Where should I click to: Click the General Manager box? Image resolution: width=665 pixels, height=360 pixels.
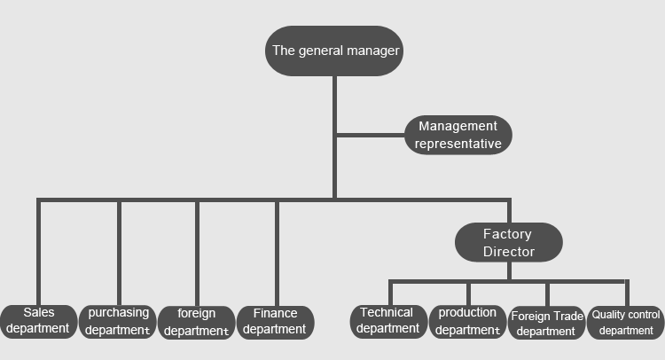pos(334,51)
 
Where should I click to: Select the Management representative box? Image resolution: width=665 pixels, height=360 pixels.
pos(458,135)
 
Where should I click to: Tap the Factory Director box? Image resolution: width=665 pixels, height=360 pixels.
pos(508,243)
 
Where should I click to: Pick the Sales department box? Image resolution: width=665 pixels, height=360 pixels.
pos(38,321)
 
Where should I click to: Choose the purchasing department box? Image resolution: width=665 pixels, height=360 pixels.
pos(118,322)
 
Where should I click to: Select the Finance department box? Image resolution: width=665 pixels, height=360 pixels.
pos(275,322)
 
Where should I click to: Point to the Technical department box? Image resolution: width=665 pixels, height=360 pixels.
pos(387,321)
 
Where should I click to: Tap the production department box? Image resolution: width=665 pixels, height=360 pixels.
pos(467,322)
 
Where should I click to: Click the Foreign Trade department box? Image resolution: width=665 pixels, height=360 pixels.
pos(546,323)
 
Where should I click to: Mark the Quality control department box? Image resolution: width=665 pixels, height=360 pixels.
pos(626,323)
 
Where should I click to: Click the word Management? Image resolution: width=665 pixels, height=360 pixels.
pos(458,127)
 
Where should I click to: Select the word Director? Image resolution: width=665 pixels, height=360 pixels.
pos(509,252)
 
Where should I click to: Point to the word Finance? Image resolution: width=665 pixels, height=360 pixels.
pos(275,313)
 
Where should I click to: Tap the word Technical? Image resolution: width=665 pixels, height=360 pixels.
pos(387,312)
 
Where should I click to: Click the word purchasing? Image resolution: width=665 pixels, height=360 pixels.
pos(119,313)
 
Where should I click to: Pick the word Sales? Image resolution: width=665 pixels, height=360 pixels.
pos(39,312)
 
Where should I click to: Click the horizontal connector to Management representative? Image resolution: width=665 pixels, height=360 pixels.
pos(371,135)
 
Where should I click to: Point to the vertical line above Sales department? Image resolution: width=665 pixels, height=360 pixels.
pos(39,253)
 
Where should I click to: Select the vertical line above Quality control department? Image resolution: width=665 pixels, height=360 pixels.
pos(627,293)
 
